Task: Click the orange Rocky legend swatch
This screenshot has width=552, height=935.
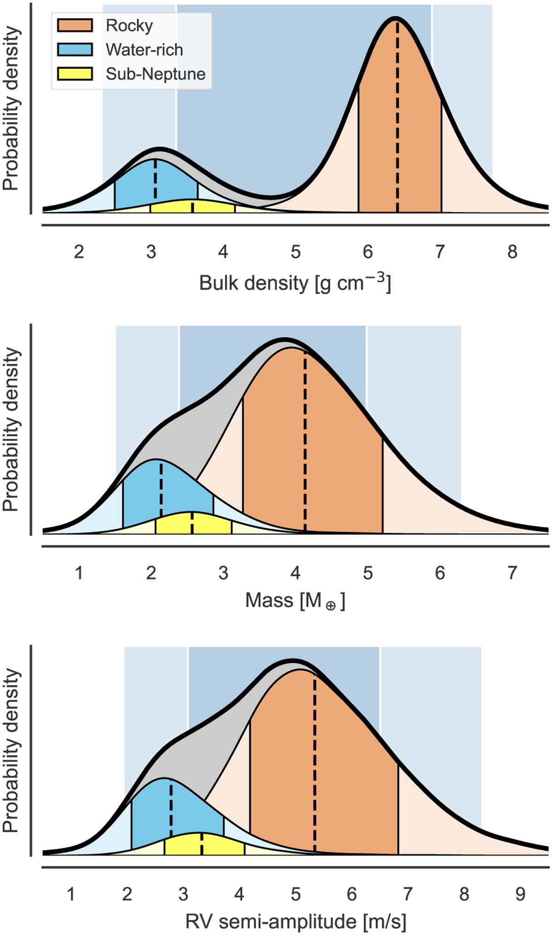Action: click(75, 25)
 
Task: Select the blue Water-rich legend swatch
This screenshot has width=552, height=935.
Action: click(75, 50)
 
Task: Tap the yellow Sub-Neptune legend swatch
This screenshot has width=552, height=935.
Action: click(75, 74)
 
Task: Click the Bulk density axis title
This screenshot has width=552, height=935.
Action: click(295, 283)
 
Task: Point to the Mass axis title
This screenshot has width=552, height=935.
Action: click(295, 600)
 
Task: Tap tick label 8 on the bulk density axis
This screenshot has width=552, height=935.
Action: click(512, 252)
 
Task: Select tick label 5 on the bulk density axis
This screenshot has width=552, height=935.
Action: click(295, 252)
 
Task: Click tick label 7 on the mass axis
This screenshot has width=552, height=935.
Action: click(512, 573)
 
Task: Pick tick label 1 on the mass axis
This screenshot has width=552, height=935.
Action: click(79, 573)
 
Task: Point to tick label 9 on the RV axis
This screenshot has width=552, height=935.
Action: click(520, 894)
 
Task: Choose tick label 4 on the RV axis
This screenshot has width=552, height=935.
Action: click(239, 894)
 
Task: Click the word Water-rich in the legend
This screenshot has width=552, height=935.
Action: click(144, 50)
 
